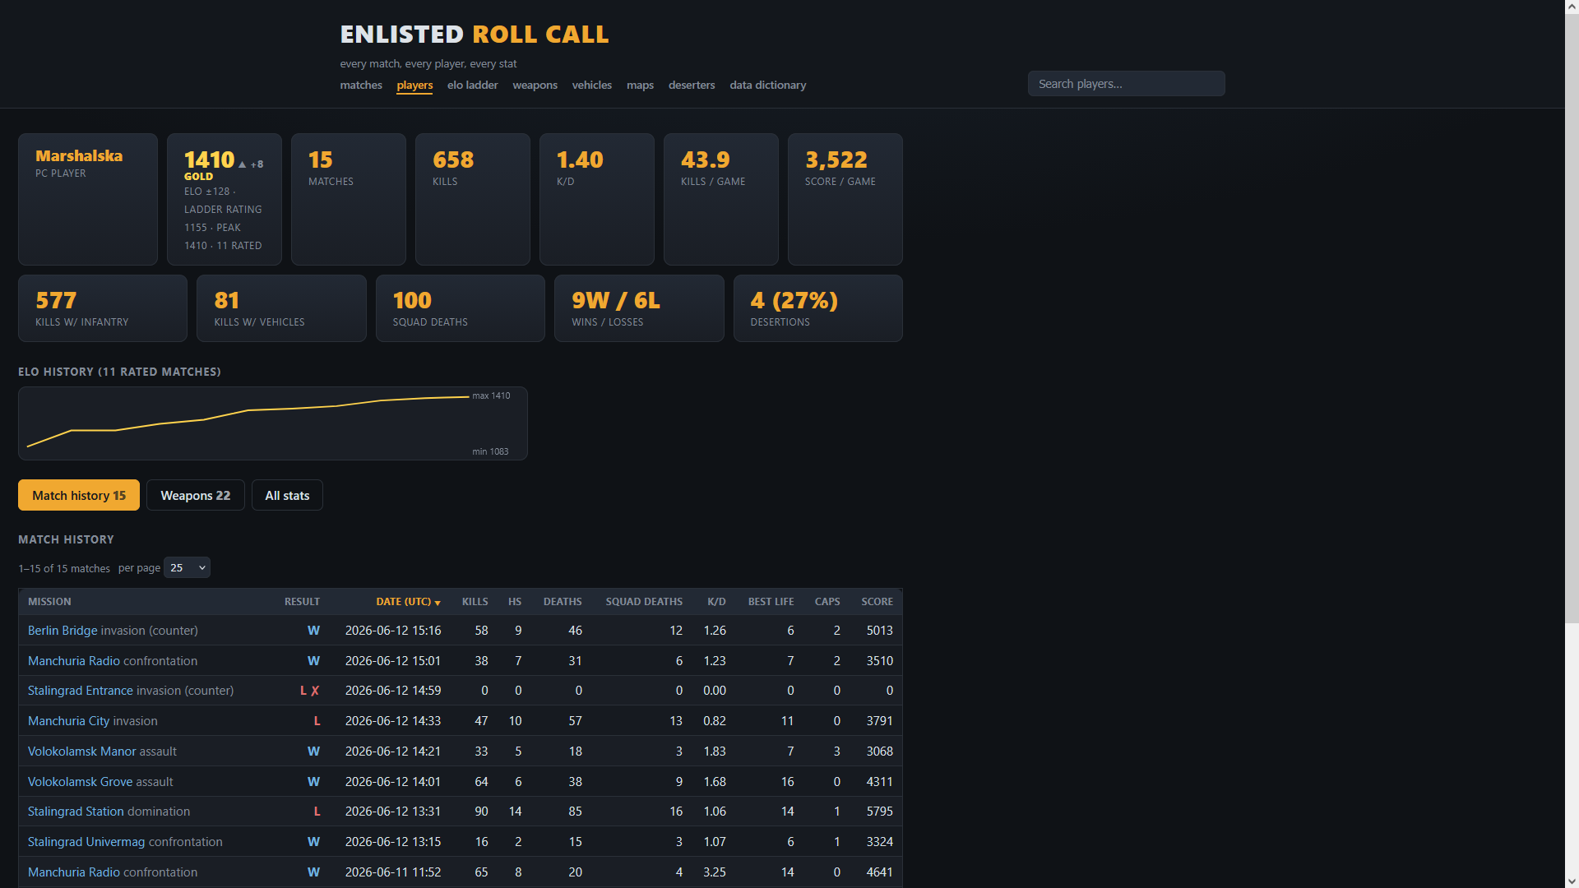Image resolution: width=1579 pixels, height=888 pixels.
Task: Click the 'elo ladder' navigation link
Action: (x=472, y=85)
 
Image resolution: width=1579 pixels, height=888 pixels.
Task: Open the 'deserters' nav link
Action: (x=692, y=85)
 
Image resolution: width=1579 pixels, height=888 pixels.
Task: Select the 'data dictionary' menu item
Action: (x=767, y=85)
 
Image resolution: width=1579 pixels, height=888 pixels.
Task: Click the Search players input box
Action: (x=1126, y=84)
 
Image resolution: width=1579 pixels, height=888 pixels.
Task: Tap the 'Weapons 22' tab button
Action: (x=196, y=495)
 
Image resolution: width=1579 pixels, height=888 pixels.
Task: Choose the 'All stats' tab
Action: (x=287, y=495)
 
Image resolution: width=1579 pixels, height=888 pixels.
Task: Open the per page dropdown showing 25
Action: (x=187, y=567)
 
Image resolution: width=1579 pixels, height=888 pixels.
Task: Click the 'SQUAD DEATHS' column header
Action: (x=644, y=602)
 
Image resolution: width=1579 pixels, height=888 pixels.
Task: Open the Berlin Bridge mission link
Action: (x=63, y=631)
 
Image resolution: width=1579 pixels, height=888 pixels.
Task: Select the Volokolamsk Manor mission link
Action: (x=82, y=752)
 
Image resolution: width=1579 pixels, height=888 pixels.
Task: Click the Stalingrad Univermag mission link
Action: (x=86, y=842)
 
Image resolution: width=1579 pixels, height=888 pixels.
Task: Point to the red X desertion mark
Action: (x=315, y=691)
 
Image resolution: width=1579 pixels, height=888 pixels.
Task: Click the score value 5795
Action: (x=879, y=812)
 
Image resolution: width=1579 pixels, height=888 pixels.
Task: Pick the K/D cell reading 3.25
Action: (x=715, y=872)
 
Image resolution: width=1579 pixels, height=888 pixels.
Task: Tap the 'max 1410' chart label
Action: (x=491, y=395)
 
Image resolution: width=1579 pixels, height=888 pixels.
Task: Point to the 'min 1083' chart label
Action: (x=490, y=451)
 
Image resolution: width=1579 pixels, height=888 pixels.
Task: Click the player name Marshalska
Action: (x=79, y=155)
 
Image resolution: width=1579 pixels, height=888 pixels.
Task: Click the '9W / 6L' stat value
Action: (x=616, y=300)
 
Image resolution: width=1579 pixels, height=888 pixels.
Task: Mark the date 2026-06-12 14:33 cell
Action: (x=393, y=721)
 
